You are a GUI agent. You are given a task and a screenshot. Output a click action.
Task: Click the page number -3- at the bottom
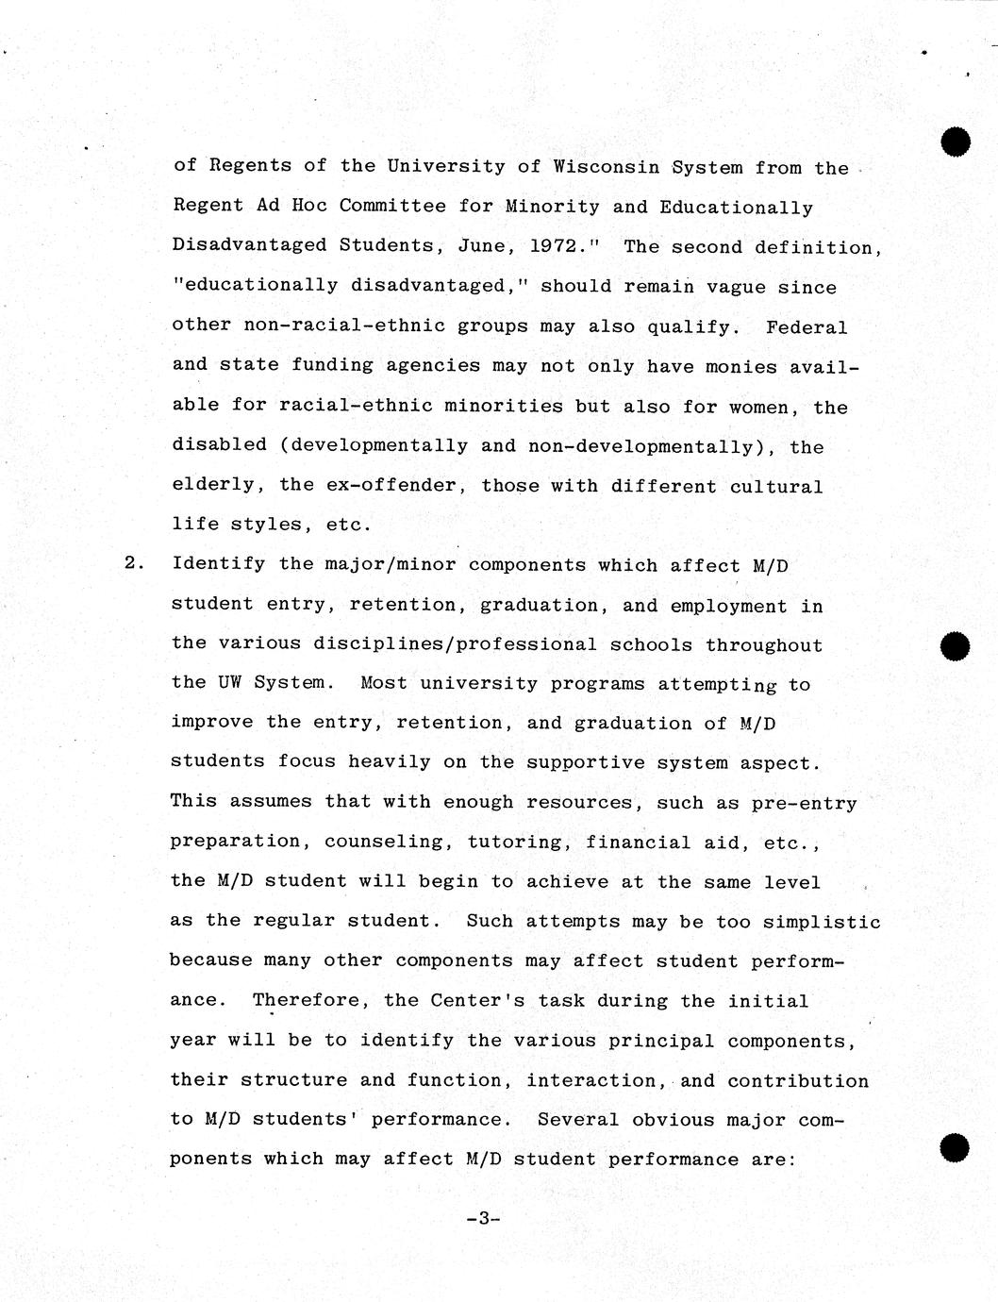480,1218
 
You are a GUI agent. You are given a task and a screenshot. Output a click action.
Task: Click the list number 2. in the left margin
132,564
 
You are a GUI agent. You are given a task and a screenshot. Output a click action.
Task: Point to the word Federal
807,327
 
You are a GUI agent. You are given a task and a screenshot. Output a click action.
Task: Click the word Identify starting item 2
219,564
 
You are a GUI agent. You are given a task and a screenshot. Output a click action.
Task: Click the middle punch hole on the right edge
956,645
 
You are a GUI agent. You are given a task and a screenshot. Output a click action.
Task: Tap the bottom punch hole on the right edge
956,1146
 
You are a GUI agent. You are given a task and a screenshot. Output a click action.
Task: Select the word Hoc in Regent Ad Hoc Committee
303,206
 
